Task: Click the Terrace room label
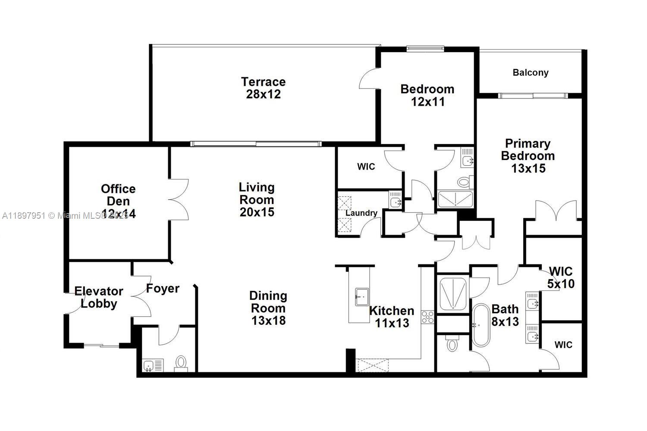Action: (x=263, y=82)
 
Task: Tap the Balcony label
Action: (x=530, y=72)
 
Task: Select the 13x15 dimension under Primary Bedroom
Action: (x=528, y=168)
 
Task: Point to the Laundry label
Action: (x=361, y=213)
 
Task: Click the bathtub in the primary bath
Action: (x=481, y=326)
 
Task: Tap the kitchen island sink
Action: (x=361, y=297)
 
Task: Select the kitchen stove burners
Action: (x=427, y=317)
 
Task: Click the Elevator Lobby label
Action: (x=99, y=297)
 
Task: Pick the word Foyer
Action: (x=163, y=288)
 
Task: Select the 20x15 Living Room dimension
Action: (x=257, y=212)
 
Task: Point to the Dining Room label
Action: (x=268, y=302)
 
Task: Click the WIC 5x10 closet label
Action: (x=561, y=277)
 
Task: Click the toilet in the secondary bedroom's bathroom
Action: (x=464, y=182)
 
